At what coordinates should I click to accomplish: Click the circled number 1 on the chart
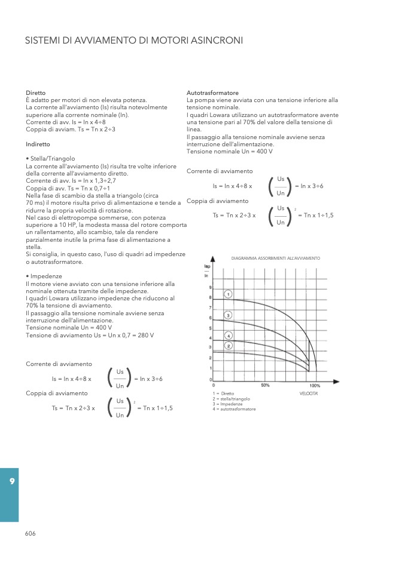229,293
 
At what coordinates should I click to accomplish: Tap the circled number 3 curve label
229,315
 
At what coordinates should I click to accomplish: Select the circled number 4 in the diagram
229,336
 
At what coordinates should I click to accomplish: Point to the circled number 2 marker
229,345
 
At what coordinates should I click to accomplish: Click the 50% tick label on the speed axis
264,386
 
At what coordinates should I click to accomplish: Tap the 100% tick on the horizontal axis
315,386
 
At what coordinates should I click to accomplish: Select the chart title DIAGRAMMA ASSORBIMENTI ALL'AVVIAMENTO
276,258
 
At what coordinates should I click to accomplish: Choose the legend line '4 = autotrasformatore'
234,409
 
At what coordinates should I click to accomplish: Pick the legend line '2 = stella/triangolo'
232,399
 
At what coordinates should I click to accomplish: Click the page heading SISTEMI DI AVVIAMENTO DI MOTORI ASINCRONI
134,41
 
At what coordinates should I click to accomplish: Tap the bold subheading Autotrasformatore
213,93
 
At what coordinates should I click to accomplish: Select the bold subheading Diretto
35,93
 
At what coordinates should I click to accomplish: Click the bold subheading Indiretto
38,144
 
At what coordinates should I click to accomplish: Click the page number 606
31,533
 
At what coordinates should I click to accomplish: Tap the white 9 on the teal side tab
11,481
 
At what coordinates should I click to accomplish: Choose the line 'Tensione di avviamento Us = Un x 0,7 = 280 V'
90,335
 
